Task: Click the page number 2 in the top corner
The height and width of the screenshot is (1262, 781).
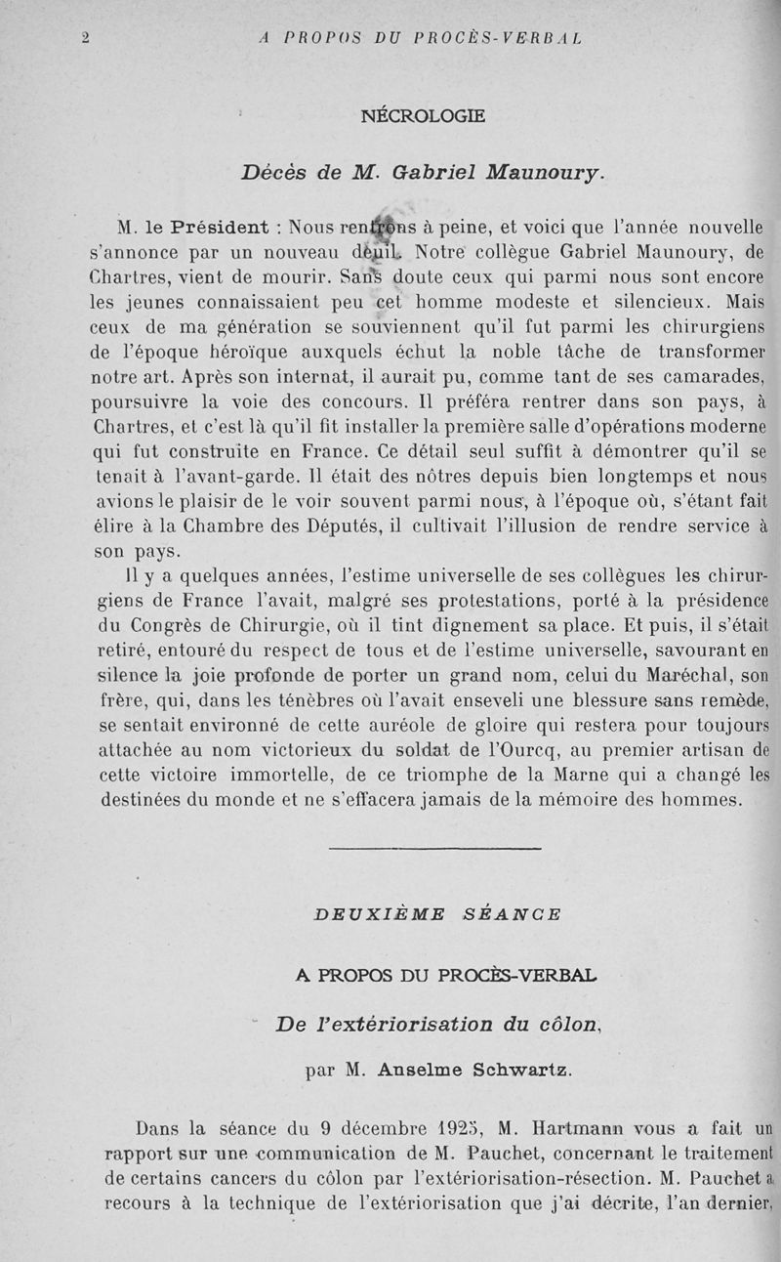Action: [x=85, y=38]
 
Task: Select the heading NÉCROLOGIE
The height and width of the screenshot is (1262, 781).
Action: [x=423, y=116]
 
